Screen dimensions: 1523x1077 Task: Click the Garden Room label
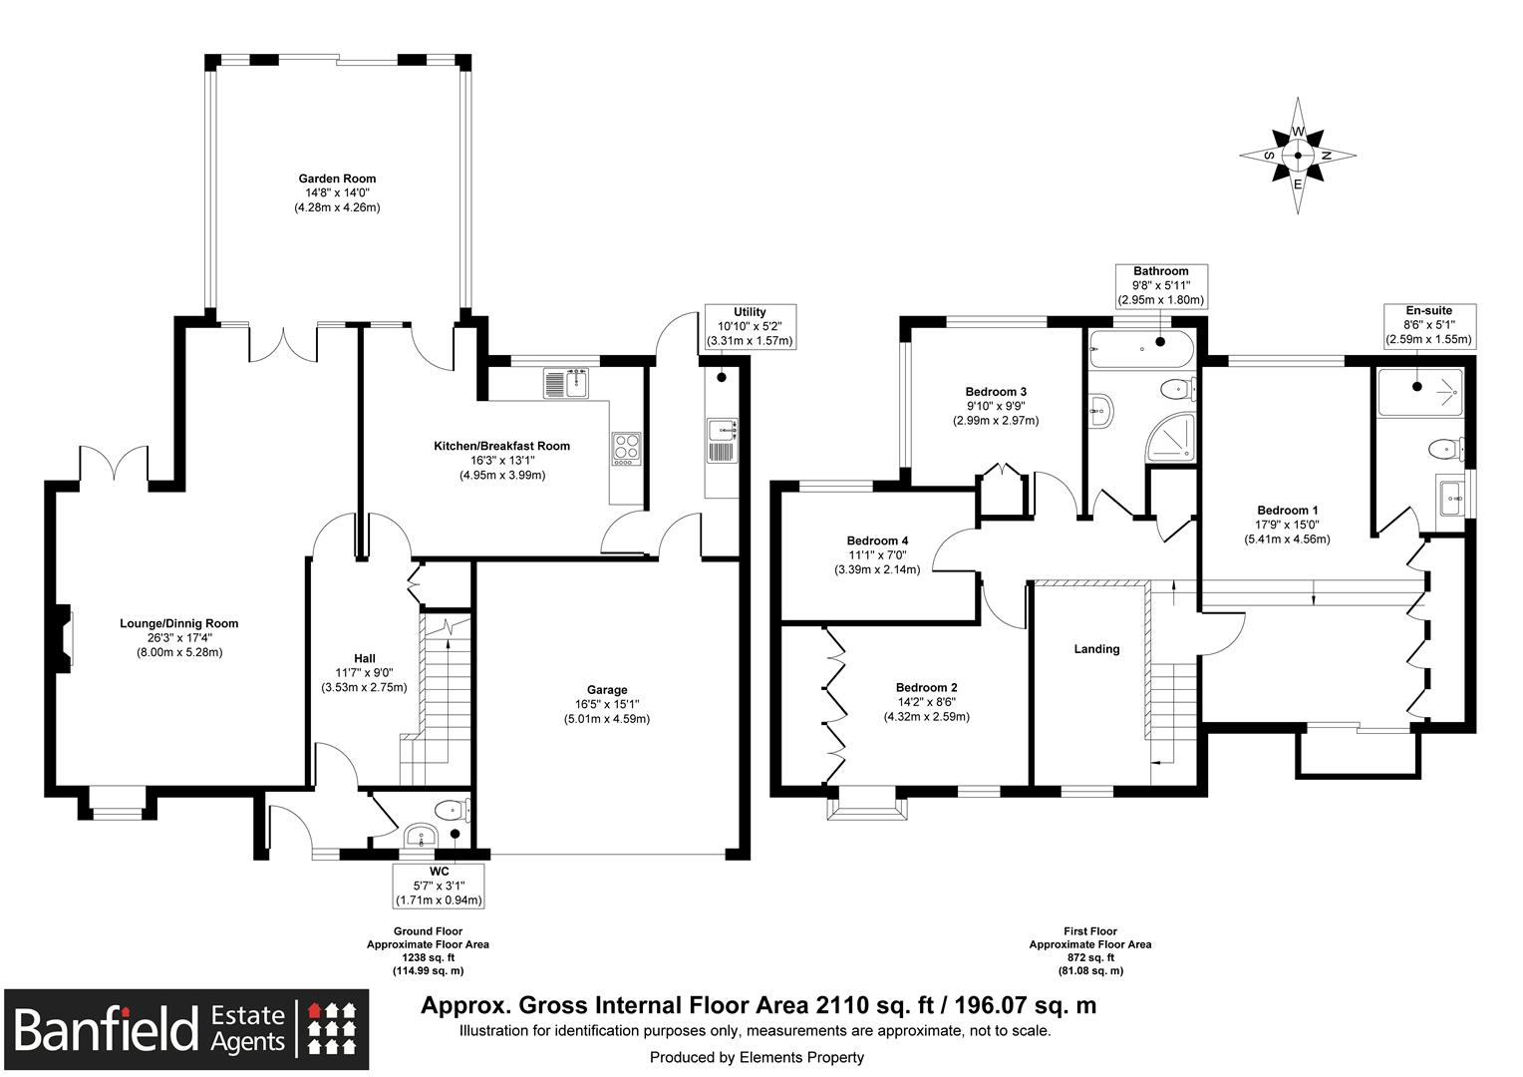coord(337,179)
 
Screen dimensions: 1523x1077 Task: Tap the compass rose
coord(1298,156)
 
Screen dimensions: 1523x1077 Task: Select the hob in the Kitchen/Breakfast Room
coord(626,449)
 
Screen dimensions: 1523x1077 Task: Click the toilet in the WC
coord(452,810)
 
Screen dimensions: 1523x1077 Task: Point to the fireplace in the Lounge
coord(63,639)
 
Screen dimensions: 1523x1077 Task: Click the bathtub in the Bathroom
coord(1141,349)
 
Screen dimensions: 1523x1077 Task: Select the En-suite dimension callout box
coord(1429,325)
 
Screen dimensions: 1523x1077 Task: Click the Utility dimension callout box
coord(750,326)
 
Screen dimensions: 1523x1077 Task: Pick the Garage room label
coord(607,690)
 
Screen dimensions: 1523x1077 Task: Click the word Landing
coord(1096,649)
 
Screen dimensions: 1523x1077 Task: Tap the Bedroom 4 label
coord(877,540)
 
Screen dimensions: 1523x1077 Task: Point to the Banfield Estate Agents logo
coord(186,1030)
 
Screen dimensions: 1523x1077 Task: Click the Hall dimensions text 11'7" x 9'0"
coord(365,673)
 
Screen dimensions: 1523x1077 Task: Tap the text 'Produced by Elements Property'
coord(757,1057)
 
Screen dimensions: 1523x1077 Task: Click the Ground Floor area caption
coord(428,951)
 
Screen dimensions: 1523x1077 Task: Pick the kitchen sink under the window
coord(566,383)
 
